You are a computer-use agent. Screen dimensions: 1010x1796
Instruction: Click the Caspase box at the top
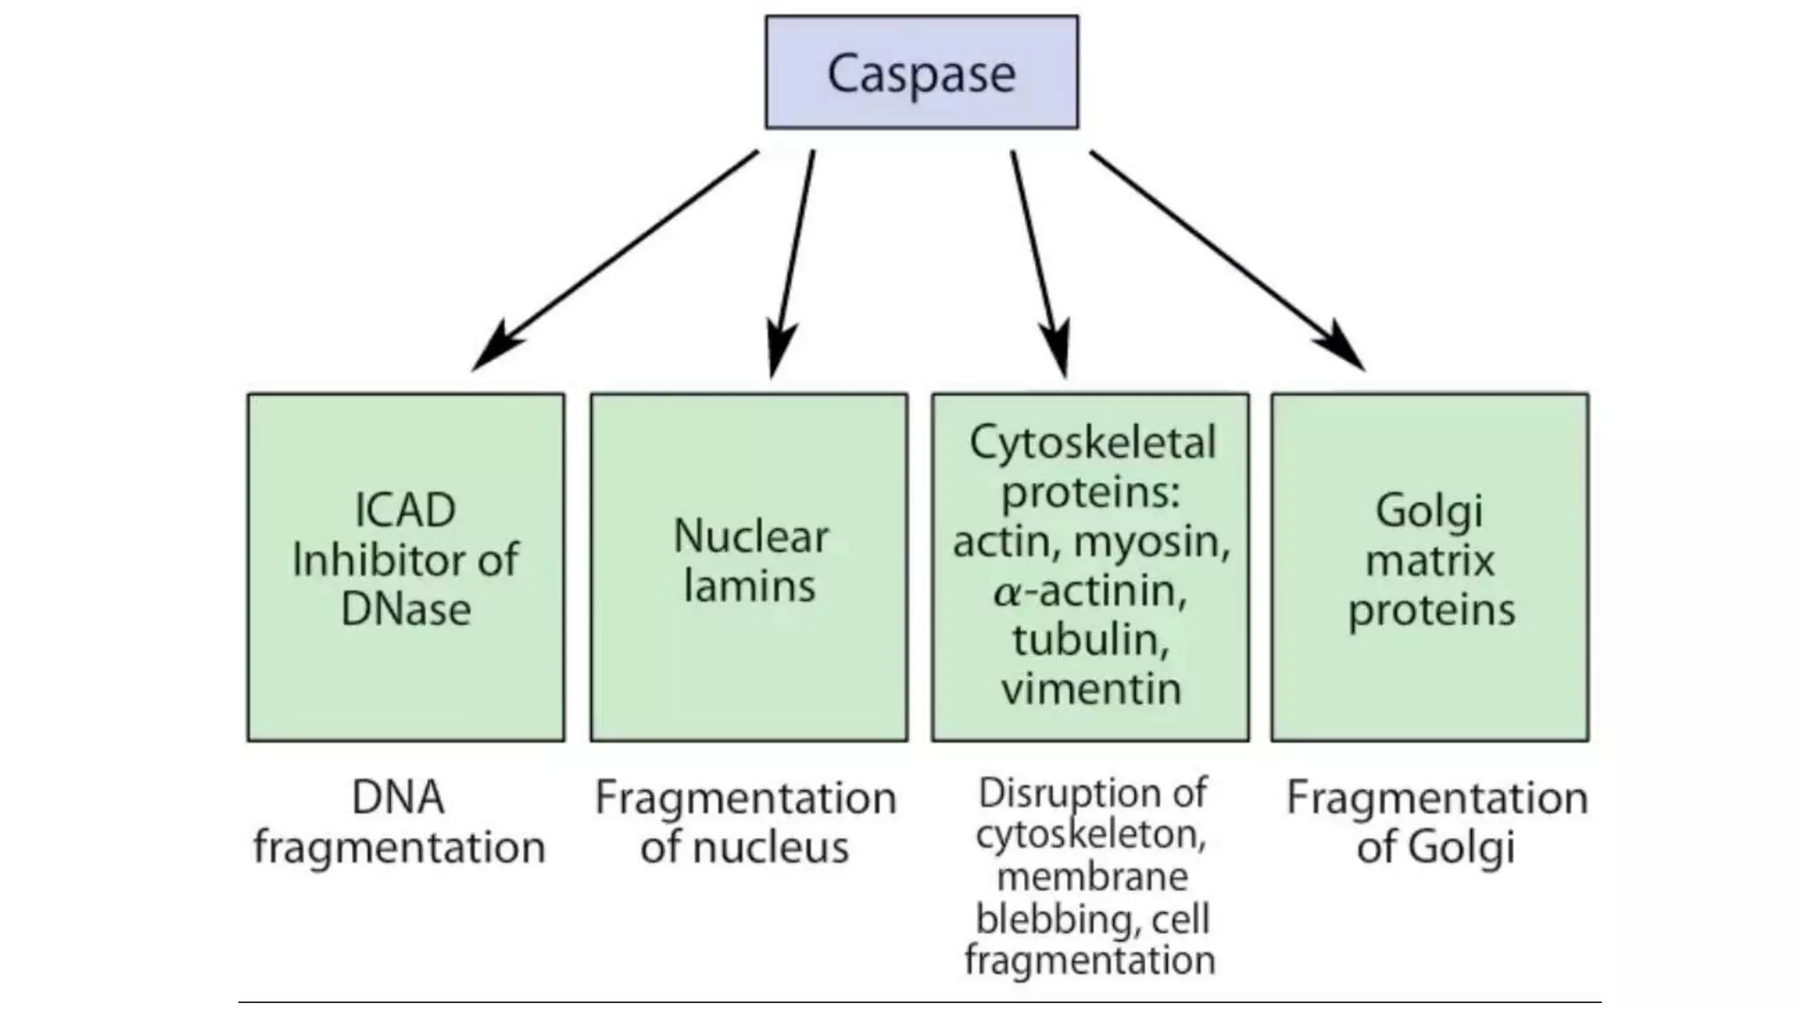[922, 73]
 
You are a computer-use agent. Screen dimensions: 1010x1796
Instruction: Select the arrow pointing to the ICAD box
[614, 260]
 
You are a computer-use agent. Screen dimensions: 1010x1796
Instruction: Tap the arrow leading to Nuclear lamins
[792, 263]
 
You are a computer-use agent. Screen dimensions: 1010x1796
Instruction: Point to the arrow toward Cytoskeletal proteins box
[1040, 263]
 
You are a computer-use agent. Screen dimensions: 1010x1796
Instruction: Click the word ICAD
[405, 510]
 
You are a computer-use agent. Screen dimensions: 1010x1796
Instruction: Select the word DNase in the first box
[405, 609]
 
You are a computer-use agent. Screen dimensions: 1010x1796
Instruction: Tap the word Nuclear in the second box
[751, 537]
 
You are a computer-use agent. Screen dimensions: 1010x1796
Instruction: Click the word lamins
[749, 586]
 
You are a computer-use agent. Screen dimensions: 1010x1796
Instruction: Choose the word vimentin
[1092, 689]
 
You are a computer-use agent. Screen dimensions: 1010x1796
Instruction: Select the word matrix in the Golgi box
[1429, 560]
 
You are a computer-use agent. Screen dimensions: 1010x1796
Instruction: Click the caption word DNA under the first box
[397, 798]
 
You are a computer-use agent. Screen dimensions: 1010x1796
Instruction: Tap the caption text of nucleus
[745, 848]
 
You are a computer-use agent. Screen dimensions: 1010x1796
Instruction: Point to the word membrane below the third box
[1093, 877]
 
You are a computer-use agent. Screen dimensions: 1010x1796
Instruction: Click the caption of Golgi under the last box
[1436, 848]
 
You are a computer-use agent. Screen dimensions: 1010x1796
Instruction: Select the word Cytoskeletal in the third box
[1093, 443]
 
